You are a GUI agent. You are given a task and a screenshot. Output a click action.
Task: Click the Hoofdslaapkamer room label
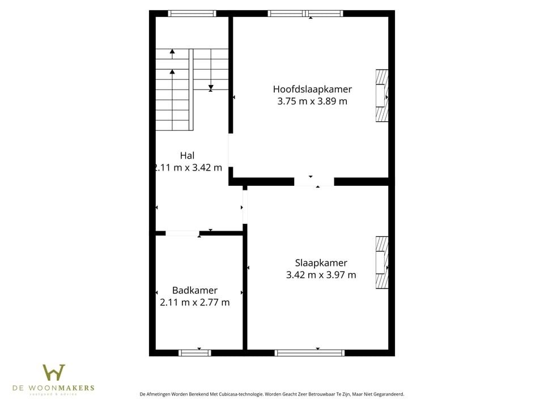[312, 89]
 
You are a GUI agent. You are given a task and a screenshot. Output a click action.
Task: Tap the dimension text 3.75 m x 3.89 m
[312, 101]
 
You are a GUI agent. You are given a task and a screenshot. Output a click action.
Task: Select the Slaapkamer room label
[321, 262]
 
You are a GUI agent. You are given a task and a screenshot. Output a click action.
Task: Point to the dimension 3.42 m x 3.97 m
[321, 275]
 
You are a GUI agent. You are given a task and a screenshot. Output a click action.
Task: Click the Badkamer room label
[195, 290]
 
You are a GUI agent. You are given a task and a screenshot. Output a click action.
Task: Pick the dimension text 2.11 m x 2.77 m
[195, 303]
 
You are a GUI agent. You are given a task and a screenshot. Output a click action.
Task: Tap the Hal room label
[187, 155]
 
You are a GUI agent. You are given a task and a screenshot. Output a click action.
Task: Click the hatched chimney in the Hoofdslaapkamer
[382, 96]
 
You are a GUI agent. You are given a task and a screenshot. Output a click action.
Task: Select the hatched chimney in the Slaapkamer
[382, 262]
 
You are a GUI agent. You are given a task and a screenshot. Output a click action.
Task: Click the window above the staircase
[192, 14]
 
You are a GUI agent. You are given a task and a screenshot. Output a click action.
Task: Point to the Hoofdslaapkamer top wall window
[305, 14]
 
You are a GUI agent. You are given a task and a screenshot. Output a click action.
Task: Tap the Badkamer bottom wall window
[195, 352]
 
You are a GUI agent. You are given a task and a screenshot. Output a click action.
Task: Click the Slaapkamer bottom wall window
[309, 352]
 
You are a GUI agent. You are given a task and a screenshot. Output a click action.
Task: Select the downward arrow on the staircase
[211, 87]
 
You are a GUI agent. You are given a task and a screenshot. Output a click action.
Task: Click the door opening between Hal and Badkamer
[182, 233]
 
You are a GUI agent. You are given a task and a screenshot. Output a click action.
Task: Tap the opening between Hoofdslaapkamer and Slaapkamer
[313, 181]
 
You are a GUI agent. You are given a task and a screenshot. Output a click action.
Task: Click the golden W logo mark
[54, 372]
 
